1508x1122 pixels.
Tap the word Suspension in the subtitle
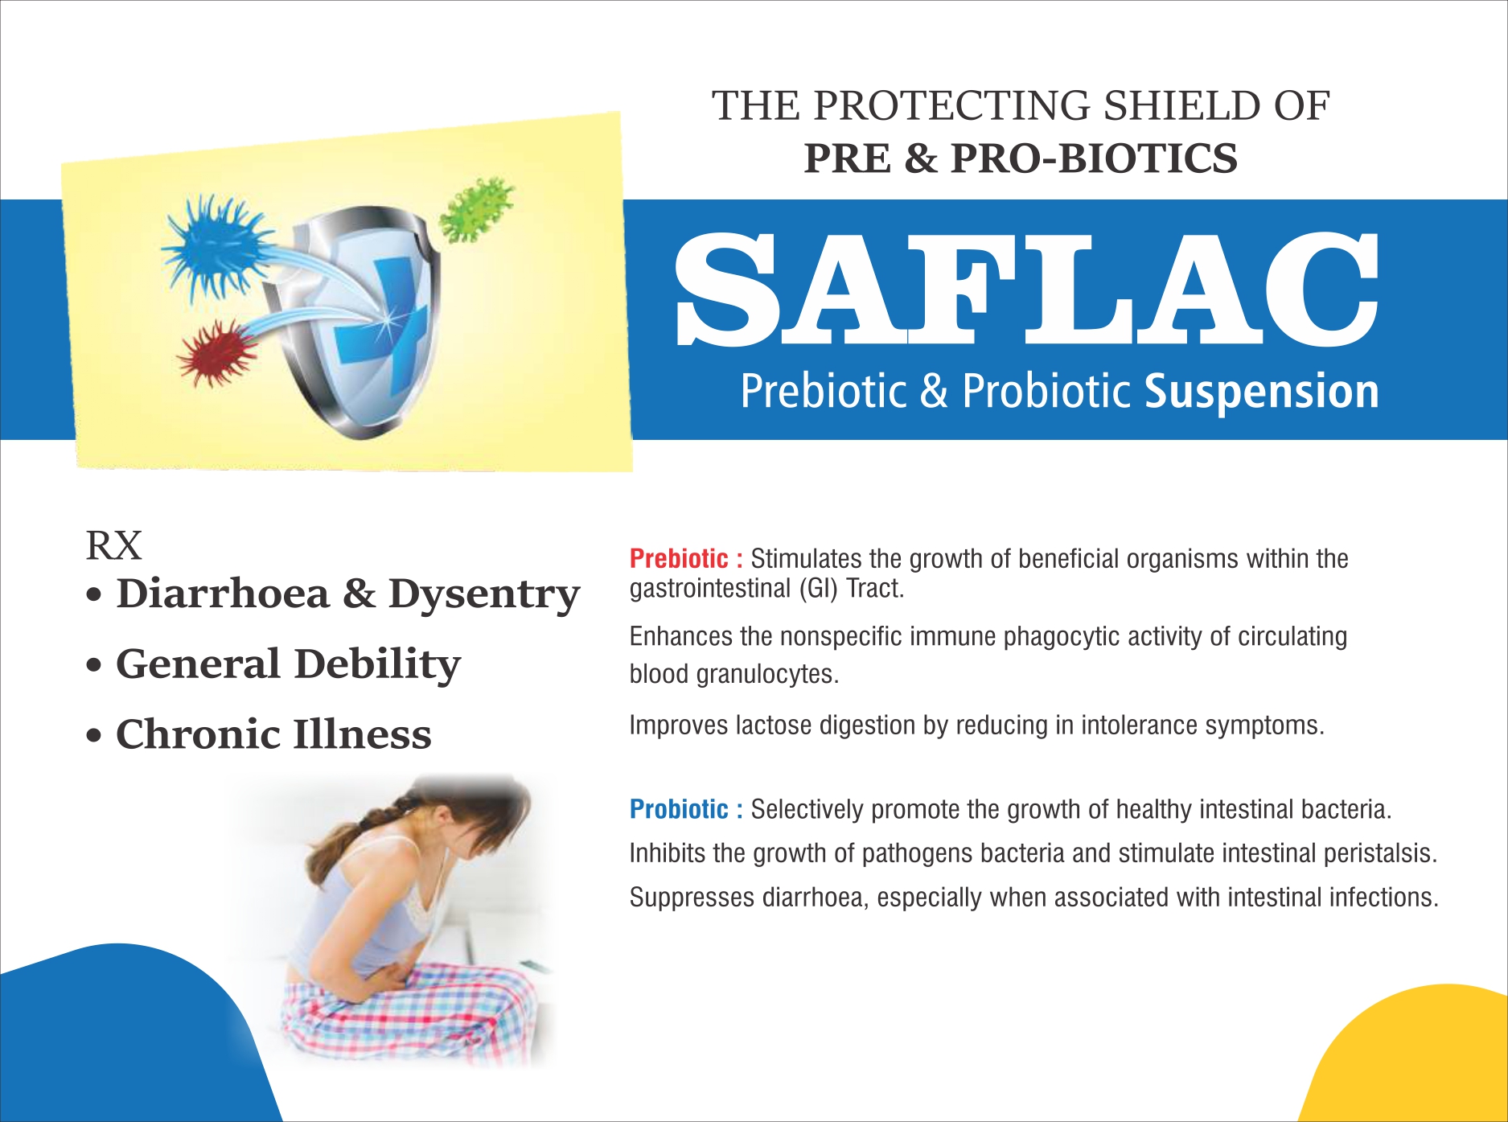click(1262, 392)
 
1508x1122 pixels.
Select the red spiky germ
click(215, 352)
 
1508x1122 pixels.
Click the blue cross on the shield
click(378, 322)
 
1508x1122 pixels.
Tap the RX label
click(113, 546)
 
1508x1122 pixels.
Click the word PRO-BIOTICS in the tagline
click(1094, 158)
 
